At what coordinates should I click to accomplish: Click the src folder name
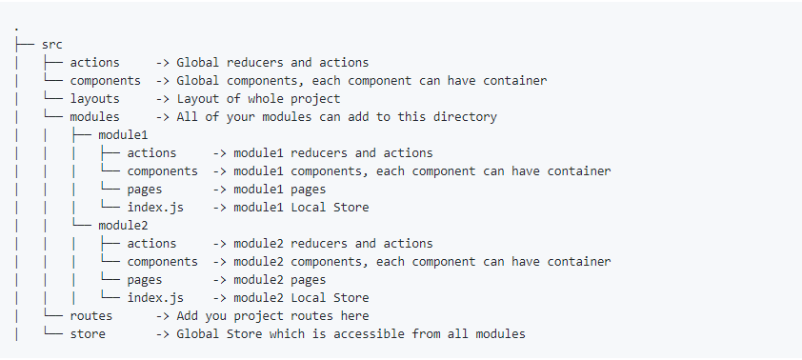52,45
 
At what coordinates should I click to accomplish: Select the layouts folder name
94,99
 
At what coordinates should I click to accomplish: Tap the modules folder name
94,117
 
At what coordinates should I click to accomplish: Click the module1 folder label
123,135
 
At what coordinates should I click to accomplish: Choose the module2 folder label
123,226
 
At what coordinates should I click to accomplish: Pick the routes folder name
90,316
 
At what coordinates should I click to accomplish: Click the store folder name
88,334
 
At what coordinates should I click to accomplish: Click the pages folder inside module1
144,190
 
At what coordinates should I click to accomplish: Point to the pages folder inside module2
144,280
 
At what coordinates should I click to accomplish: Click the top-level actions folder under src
94,63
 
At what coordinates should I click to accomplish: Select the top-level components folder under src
105,81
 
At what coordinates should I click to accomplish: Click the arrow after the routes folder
162,316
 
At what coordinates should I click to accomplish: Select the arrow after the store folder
162,334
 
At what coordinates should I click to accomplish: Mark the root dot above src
17,28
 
